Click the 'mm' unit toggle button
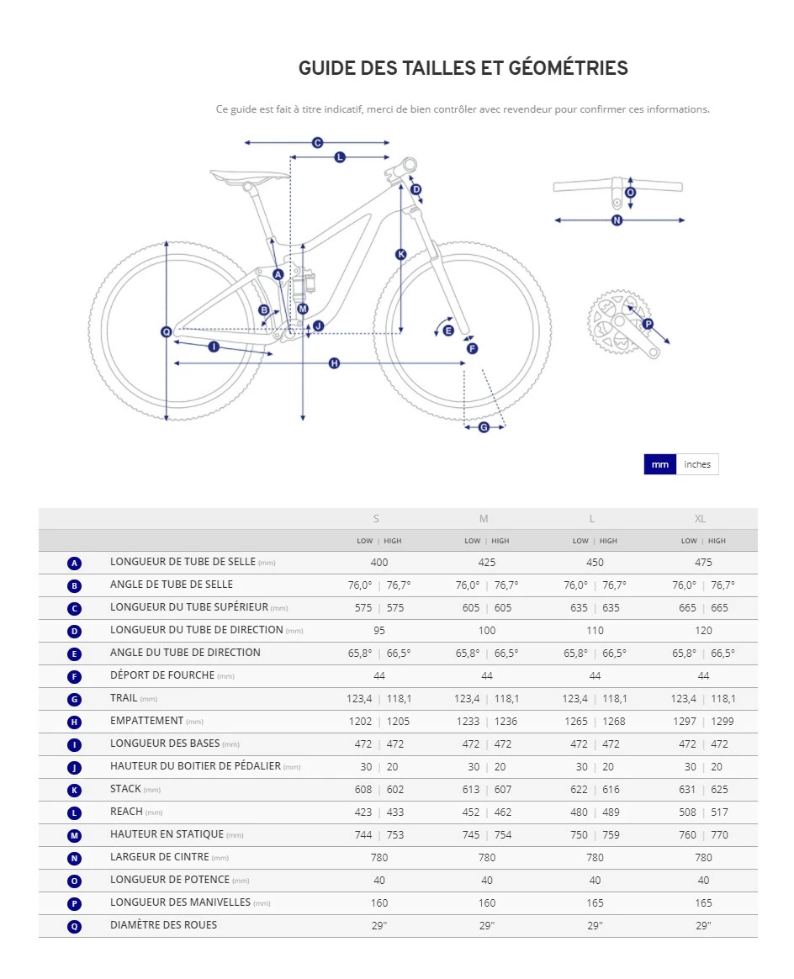tap(660, 464)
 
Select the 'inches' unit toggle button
tap(697, 464)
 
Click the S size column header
tap(376, 519)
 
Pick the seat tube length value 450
tap(595, 563)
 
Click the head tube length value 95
tap(379, 631)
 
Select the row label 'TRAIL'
tap(124, 698)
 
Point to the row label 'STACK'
tap(125, 789)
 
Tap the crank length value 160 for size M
tap(487, 902)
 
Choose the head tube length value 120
tap(703, 631)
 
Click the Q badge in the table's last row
tap(75, 926)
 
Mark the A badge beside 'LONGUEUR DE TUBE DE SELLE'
tap(75, 564)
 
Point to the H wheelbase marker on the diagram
tap(334, 363)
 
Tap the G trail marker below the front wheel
tap(484, 427)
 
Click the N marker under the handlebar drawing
tap(617, 220)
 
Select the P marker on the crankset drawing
tap(648, 324)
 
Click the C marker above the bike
tap(318, 143)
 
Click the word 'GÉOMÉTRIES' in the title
tap(569, 68)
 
